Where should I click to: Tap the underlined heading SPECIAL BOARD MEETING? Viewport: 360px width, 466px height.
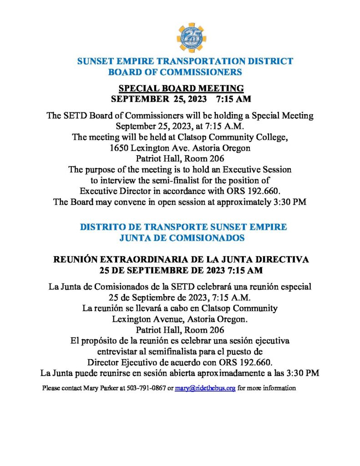click(181, 88)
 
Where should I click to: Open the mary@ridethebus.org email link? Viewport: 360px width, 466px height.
click(205, 389)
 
